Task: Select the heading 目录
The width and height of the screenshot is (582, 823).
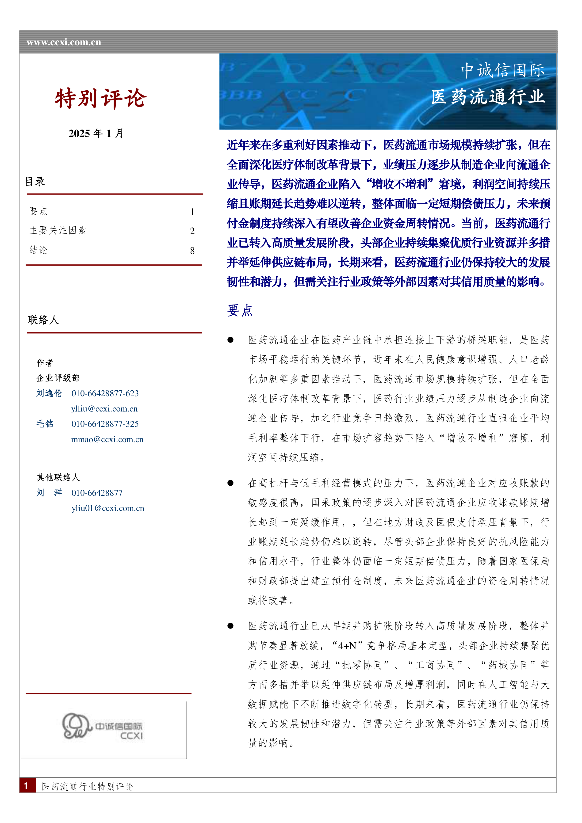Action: (x=35, y=181)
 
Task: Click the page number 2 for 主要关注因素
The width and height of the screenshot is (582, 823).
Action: (x=192, y=231)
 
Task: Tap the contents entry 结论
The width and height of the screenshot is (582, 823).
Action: (x=38, y=250)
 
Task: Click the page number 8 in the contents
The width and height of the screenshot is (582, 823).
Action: (x=192, y=251)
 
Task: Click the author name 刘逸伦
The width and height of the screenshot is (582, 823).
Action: (x=49, y=393)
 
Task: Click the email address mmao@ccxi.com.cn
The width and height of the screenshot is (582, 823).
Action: (x=107, y=439)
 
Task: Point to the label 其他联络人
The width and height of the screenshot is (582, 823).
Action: (x=58, y=477)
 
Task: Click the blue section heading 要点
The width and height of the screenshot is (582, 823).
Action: (x=240, y=310)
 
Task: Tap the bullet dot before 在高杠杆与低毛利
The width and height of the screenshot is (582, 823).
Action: (x=231, y=483)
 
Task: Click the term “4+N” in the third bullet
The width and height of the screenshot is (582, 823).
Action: (x=347, y=646)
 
